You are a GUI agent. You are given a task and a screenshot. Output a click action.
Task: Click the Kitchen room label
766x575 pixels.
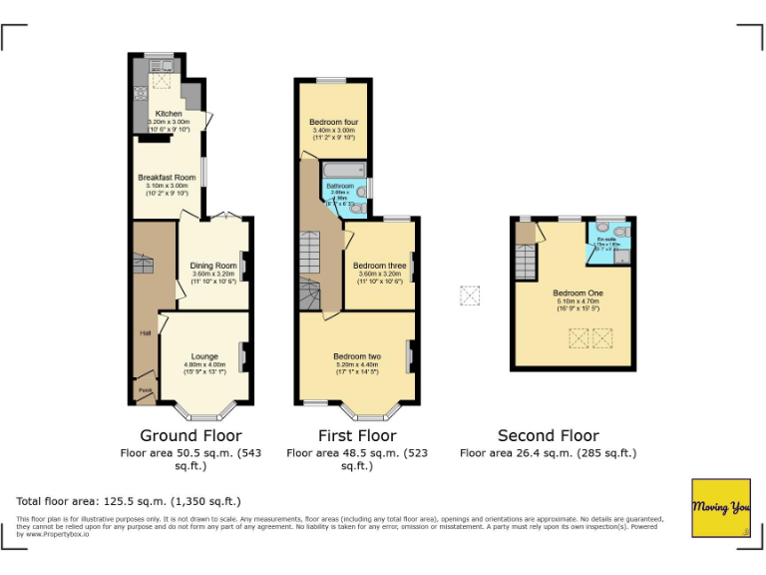(168, 114)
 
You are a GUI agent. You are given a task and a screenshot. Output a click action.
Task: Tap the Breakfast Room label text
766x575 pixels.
(167, 177)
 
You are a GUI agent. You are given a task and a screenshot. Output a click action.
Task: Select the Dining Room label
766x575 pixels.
(213, 266)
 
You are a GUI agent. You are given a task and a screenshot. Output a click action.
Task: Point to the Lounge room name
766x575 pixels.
(204, 356)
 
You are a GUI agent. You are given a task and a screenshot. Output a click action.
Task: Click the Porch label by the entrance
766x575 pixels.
(145, 389)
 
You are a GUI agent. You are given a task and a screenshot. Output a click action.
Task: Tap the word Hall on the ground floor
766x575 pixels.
(145, 333)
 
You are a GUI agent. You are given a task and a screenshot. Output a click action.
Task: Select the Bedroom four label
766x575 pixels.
(333, 122)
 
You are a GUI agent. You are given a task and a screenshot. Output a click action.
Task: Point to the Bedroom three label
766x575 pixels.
(378, 266)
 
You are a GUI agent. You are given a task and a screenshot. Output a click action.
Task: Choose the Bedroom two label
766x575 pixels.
(357, 356)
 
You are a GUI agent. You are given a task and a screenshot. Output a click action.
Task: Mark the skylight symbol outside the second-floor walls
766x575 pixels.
(469, 296)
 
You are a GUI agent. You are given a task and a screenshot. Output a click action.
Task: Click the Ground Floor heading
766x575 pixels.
(191, 435)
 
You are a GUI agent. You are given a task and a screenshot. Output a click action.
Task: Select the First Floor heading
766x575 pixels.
(357, 435)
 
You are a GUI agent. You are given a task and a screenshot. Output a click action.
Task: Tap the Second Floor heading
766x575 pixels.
(549, 435)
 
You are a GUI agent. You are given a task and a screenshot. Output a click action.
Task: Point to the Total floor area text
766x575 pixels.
(129, 500)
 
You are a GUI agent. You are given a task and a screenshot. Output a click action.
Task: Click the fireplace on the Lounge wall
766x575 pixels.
(242, 353)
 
